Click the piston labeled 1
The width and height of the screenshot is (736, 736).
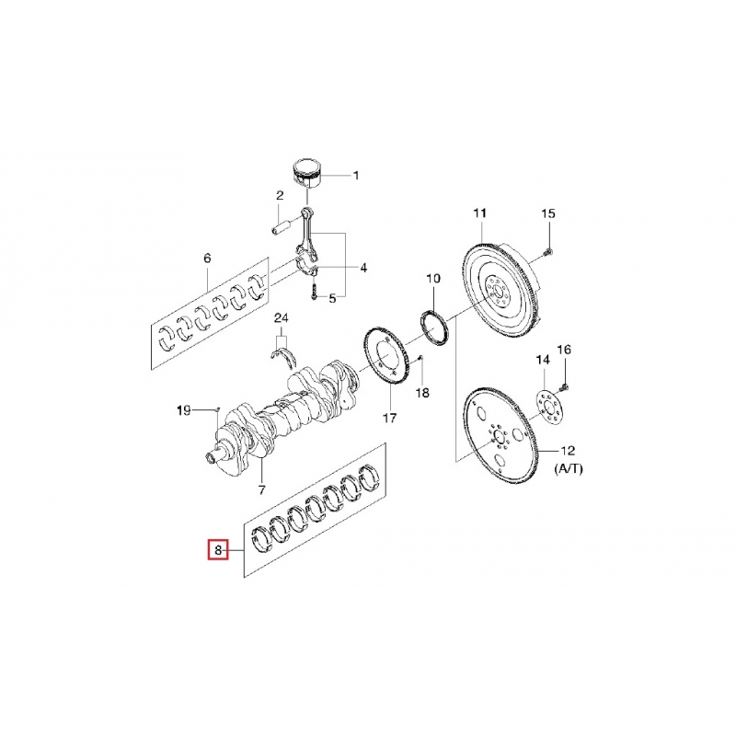pos(307,175)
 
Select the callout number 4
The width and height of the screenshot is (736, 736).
pos(363,268)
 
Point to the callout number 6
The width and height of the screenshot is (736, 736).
pos(207,258)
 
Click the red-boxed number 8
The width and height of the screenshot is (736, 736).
pos(218,550)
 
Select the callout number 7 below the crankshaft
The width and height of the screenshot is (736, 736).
pos(261,490)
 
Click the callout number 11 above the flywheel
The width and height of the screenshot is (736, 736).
pos(479,213)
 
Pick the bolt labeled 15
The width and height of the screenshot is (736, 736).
pos(549,253)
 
